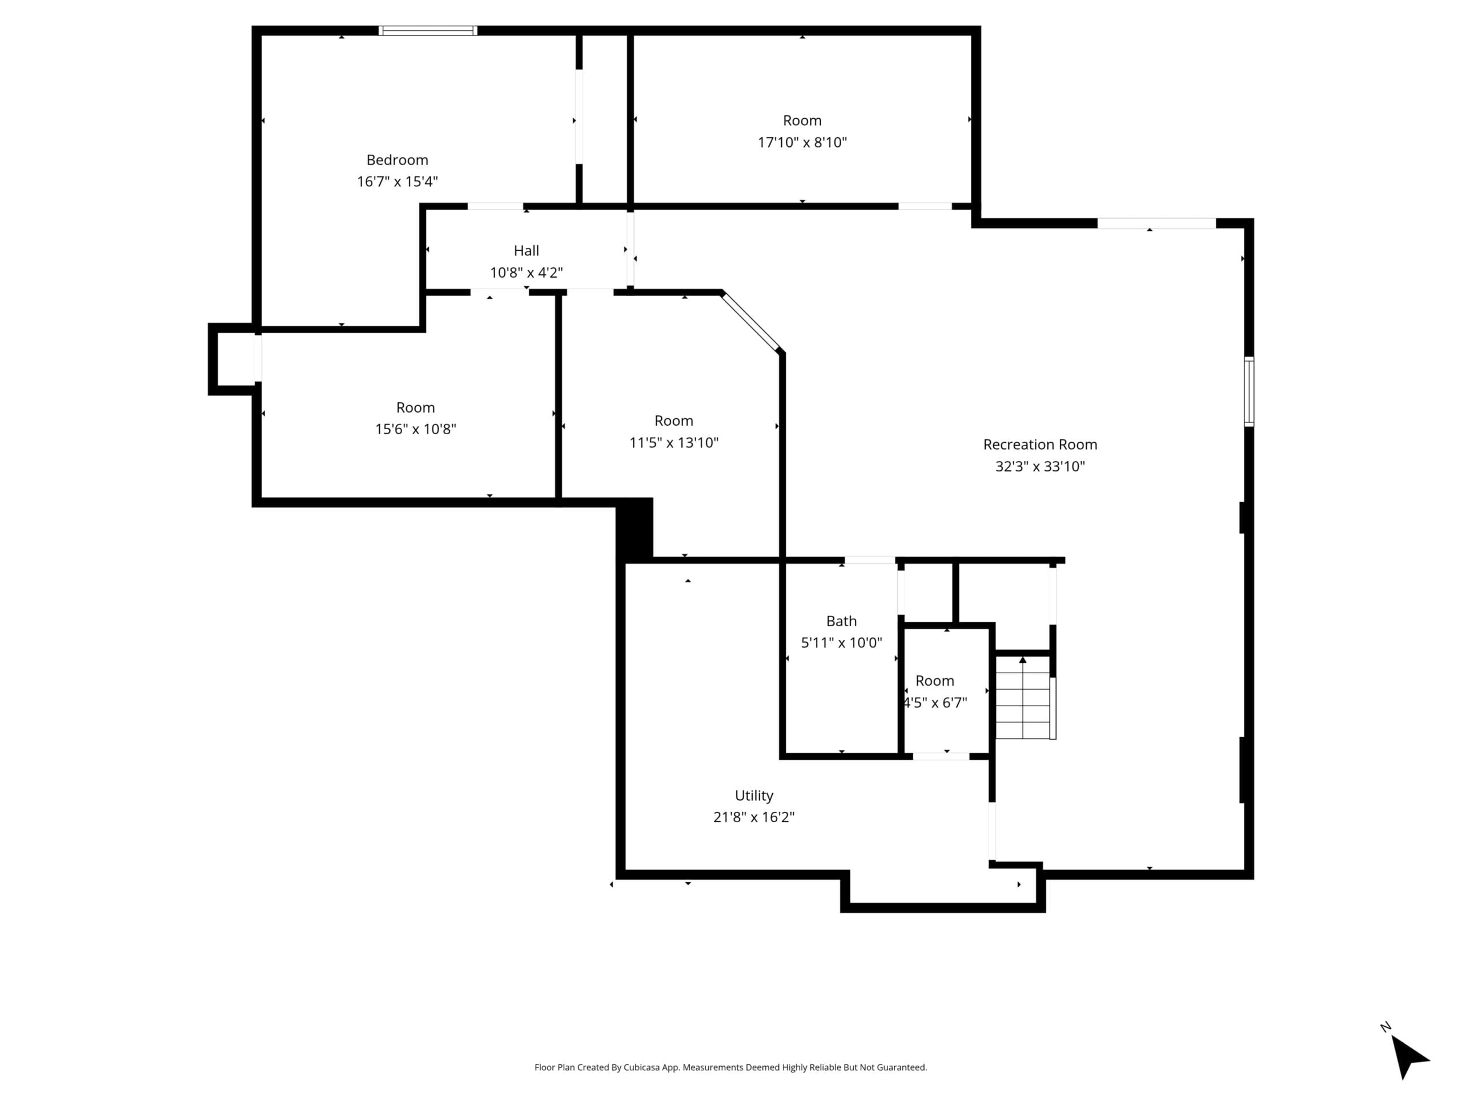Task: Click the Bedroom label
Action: pyautogui.click(x=397, y=160)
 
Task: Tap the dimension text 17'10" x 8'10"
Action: pyautogui.click(x=802, y=142)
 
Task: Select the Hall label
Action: pyautogui.click(x=526, y=251)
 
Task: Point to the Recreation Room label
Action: pyautogui.click(x=1039, y=445)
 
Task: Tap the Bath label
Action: pyautogui.click(x=841, y=621)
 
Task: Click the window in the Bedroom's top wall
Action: pyautogui.click(x=428, y=30)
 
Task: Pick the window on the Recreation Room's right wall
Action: pyautogui.click(x=1248, y=391)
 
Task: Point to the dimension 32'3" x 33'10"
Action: pyautogui.click(x=1039, y=466)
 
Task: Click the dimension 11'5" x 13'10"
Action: pyautogui.click(x=673, y=442)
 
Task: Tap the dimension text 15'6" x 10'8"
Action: pyautogui.click(x=415, y=429)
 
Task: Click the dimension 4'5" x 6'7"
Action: pyautogui.click(x=935, y=702)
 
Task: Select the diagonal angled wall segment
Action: pyautogui.click(x=752, y=323)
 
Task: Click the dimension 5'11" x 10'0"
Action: pyautogui.click(x=841, y=643)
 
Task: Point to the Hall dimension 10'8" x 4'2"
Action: pyautogui.click(x=526, y=273)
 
